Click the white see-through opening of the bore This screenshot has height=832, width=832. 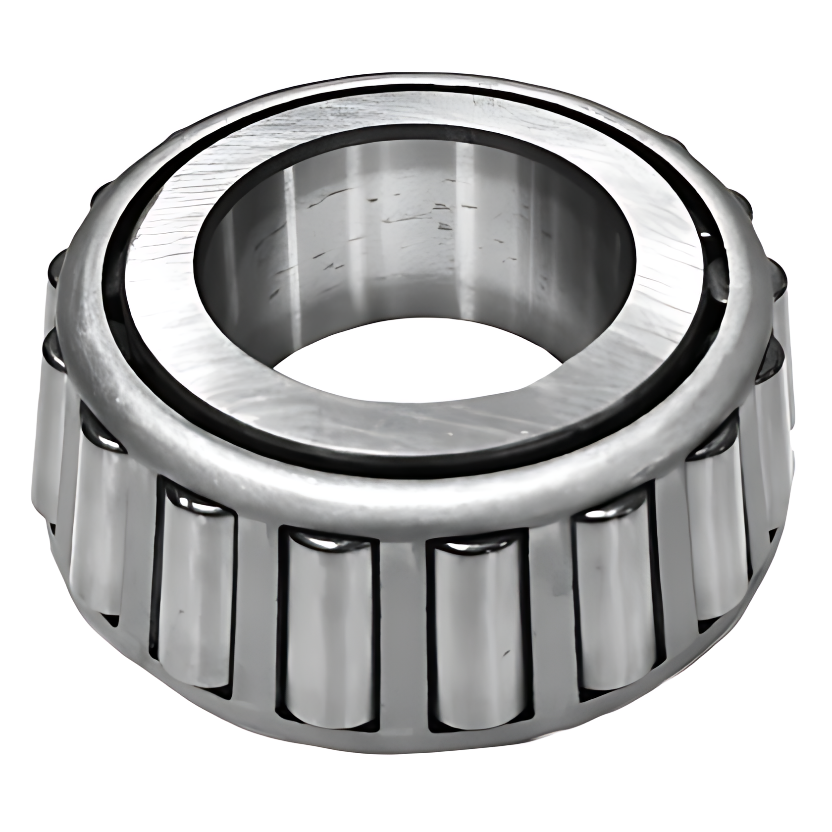point(416,357)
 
